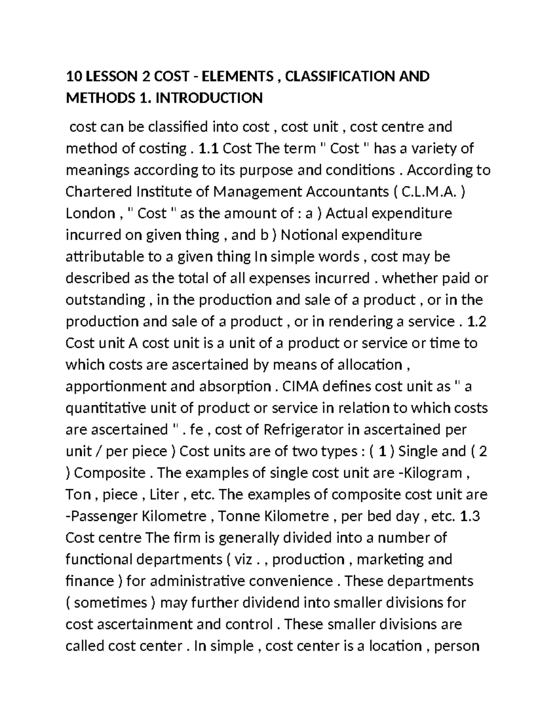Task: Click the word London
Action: tap(91, 214)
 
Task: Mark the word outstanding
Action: tap(105, 300)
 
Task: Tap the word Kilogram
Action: tap(432, 473)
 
